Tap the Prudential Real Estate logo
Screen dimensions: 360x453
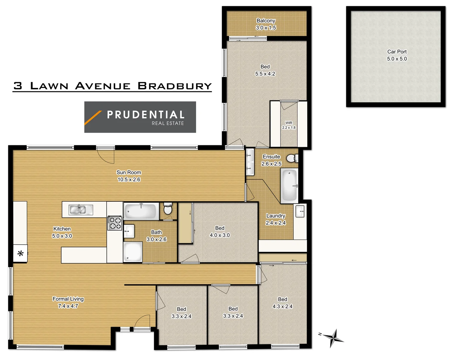click(x=140, y=117)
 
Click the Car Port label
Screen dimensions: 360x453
click(x=397, y=55)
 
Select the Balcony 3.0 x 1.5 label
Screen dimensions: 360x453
click(x=266, y=24)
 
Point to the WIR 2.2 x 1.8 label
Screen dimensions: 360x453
click(x=289, y=125)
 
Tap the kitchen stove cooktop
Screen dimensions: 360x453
click(x=115, y=223)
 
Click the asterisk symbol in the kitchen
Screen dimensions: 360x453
click(x=20, y=254)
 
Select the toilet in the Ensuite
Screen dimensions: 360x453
click(x=292, y=158)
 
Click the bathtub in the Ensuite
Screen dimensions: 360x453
click(x=289, y=186)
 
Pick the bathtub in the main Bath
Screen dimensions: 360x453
click(x=141, y=211)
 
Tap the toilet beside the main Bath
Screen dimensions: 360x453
click(x=168, y=209)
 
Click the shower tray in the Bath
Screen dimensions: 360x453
click(x=133, y=252)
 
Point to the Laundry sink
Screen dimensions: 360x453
click(x=300, y=211)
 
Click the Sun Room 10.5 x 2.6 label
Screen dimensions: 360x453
click(x=129, y=176)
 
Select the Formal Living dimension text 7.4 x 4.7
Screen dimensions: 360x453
click(x=68, y=306)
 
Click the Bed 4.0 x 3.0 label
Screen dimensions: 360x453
click(x=219, y=232)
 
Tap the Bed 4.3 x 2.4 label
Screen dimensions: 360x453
click(x=282, y=303)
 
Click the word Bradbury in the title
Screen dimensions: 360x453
click(x=175, y=86)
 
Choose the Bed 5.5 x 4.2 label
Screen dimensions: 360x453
click(x=265, y=70)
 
